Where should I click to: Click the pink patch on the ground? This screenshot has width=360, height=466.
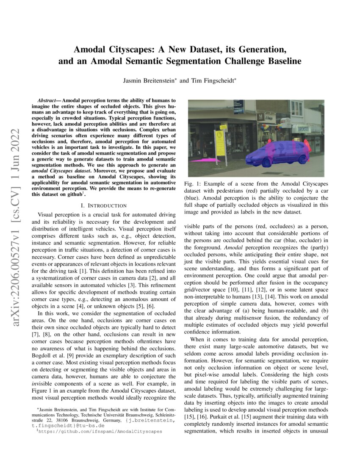pos(202,161)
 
